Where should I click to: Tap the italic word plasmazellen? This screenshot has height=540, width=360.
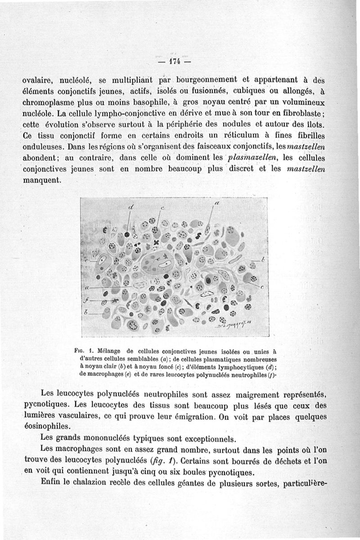[x=253, y=158]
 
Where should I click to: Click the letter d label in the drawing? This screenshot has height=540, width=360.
[x=131, y=207]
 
